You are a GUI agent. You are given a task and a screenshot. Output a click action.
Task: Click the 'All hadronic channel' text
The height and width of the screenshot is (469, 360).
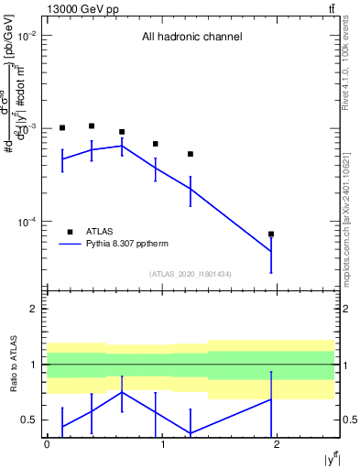(x=191, y=38)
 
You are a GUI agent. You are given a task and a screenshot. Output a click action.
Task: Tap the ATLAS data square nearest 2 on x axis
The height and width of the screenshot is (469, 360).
(x=271, y=234)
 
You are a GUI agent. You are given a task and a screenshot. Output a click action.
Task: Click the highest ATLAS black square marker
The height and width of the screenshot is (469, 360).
(x=92, y=125)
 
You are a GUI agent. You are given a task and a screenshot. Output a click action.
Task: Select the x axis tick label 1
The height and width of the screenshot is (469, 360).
(x=162, y=444)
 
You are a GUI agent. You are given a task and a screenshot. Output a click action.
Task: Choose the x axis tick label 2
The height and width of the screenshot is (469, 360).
(x=278, y=444)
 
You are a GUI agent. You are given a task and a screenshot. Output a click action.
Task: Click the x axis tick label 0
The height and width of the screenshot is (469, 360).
(x=47, y=444)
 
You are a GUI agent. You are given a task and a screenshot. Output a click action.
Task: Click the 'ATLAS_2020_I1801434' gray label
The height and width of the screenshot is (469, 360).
(x=191, y=275)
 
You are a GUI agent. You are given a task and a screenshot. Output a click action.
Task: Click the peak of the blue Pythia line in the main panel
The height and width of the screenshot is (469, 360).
(x=122, y=146)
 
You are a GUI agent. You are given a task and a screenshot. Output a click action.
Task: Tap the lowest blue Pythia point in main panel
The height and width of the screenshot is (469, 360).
(x=271, y=251)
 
